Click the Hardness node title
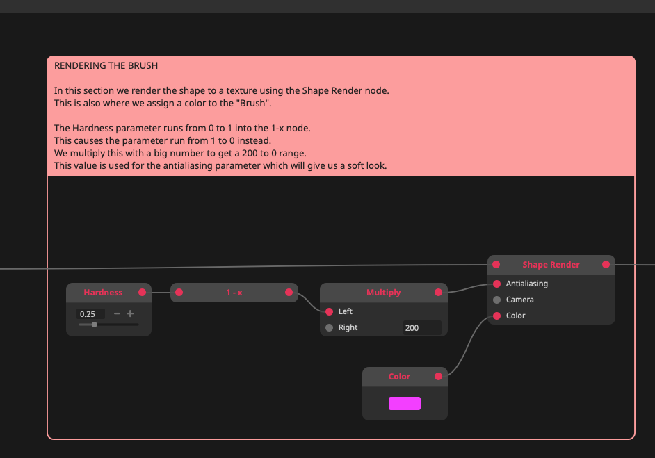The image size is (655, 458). coord(103,293)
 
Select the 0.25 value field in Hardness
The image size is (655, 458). coord(90,314)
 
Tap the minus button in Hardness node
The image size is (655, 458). coord(117,313)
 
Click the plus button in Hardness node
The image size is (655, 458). coord(130,313)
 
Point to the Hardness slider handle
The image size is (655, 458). coord(95,325)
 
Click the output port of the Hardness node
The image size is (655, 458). coord(143,293)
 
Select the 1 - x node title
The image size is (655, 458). coord(234,293)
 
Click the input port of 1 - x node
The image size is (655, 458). coord(179,293)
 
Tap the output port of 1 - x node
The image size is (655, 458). coord(289,293)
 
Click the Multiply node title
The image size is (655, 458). coord(384,293)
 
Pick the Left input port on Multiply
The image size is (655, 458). coord(330,311)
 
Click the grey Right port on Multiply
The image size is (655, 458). coord(330,327)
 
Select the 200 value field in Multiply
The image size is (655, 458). coord(421,327)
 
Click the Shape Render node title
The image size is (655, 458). coord(551,265)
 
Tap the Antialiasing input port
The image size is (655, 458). coord(496,284)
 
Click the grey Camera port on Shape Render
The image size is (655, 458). coord(496,300)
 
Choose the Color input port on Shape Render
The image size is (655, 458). coord(496,316)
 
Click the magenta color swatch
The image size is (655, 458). coord(405,404)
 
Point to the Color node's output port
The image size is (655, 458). coord(438,377)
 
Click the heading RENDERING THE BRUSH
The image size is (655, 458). coord(106,66)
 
